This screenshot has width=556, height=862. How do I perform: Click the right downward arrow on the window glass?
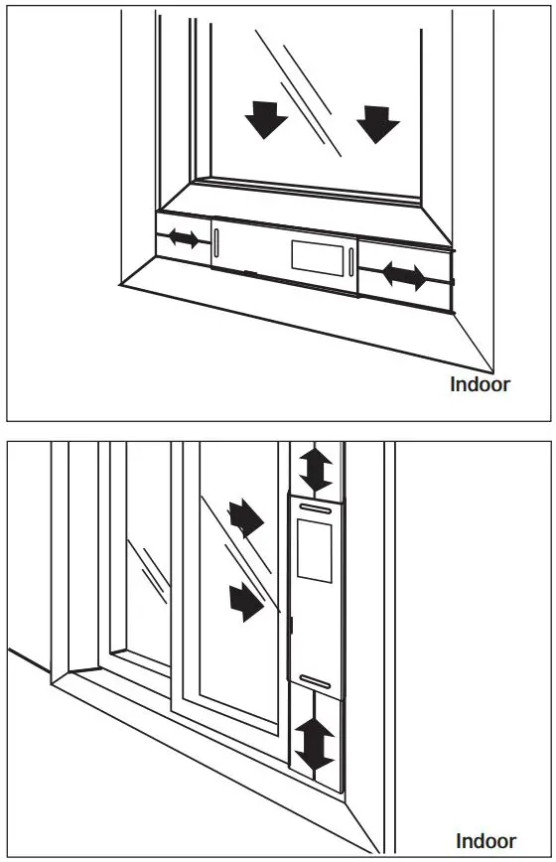(378, 123)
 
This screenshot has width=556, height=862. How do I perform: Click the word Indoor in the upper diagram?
(480, 384)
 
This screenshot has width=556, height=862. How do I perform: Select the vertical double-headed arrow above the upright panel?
(316, 469)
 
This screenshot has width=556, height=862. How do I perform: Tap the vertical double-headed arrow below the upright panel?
(315, 746)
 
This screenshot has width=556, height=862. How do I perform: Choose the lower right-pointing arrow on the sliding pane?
(247, 599)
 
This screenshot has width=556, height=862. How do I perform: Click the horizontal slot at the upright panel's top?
(315, 508)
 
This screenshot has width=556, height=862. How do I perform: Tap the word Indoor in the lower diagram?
(486, 840)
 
